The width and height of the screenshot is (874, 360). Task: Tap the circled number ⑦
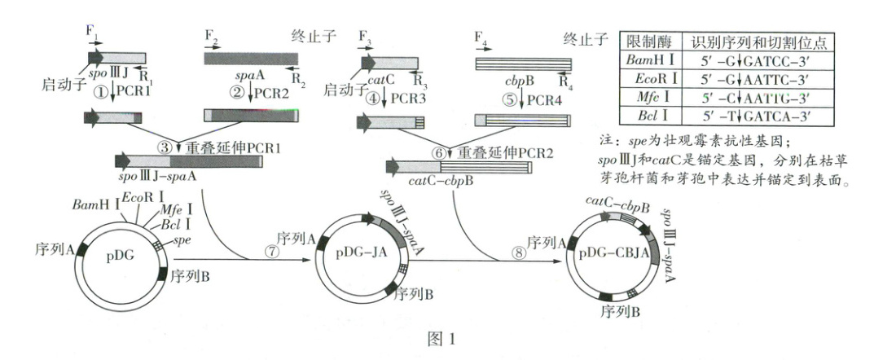pyautogui.click(x=271, y=252)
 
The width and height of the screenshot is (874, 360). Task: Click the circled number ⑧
pyautogui.click(x=520, y=252)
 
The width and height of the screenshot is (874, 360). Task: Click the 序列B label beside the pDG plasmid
pyautogui.click(x=191, y=275)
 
